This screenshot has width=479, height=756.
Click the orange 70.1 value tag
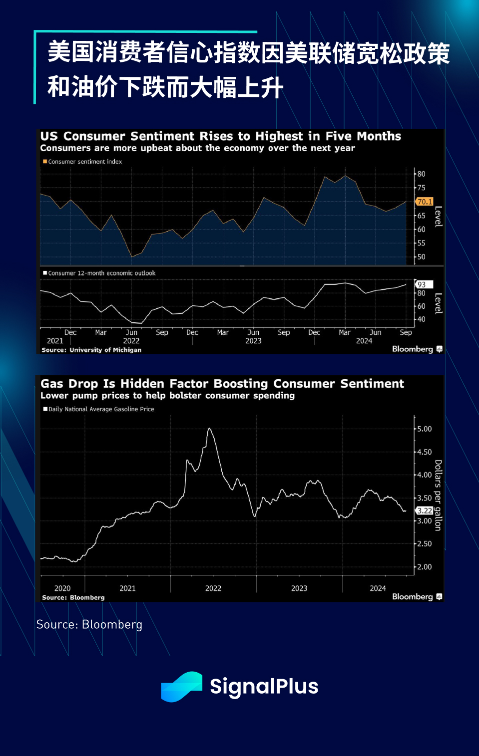[425, 202]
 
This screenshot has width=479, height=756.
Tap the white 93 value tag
[423, 284]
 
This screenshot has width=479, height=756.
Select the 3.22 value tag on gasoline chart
[425, 510]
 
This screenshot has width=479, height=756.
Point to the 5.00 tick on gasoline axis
[424, 429]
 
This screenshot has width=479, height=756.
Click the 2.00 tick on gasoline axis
[424, 567]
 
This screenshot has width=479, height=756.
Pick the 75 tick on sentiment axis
[422, 188]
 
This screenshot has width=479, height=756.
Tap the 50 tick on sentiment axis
[422, 257]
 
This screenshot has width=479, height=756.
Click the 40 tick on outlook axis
[422, 319]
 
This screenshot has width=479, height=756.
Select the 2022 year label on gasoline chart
[213, 588]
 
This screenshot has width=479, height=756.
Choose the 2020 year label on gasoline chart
[62, 588]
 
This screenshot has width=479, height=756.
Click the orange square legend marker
[45, 162]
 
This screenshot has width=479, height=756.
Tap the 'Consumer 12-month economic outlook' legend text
[102, 273]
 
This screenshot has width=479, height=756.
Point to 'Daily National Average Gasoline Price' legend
[101, 409]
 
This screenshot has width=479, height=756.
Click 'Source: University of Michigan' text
[91, 350]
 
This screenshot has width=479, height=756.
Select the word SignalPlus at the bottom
[264, 687]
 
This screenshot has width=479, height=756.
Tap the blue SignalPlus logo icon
[181, 687]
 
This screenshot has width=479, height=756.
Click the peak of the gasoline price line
[210, 429]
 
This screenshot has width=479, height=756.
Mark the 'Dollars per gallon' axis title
[438, 495]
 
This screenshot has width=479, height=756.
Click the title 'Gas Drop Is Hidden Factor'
[222, 384]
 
